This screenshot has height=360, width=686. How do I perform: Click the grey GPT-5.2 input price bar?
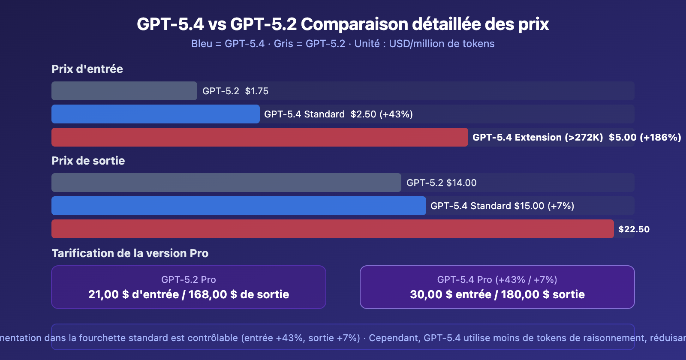(124, 91)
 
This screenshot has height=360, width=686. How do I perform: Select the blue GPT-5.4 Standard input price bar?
(155, 114)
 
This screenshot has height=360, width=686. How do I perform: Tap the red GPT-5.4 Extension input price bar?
(259, 137)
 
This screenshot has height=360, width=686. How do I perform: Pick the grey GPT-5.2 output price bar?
(226, 183)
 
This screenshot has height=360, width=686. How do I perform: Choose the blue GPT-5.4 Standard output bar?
(238, 206)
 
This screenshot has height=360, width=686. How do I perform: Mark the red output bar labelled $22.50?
(332, 229)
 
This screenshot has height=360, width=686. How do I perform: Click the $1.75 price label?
(257, 91)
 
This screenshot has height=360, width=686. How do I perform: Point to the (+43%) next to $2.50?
(396, 114)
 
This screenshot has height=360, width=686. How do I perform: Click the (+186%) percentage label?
(660, 137)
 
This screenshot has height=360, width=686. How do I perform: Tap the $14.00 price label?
(461, 183)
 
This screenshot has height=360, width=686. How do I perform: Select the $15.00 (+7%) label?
(544, 206)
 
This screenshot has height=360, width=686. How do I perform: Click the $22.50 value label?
(634, 229)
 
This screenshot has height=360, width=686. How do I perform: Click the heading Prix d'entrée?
(87, 69)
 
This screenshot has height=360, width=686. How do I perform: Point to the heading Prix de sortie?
(88, 161)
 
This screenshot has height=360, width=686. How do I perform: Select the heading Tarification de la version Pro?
(130, 253)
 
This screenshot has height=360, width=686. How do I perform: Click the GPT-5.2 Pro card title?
(189, 279)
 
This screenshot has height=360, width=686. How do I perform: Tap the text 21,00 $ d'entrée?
(133, 294)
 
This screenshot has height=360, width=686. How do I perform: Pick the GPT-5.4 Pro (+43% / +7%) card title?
(497, 279)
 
